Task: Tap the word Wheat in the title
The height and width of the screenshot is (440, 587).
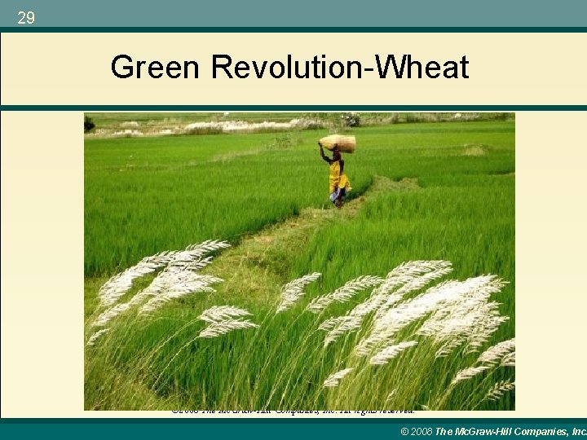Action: pyautogui.click(x=429, y=68)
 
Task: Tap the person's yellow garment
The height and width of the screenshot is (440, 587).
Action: pyautogui.click(x=338, y=175)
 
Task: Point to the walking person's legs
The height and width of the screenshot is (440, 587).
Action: pyautogui.click(x=338, y=198)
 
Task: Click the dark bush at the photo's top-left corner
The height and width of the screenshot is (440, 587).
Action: pyautogui.click(x=89, y=125)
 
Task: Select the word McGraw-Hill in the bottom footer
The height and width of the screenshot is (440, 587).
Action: pyautogui.click(x=495, y=431)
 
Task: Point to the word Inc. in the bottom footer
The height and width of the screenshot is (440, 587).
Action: pyautogui.click(x=580, y=431)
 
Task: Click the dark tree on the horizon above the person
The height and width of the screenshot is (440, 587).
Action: pyautogui.click(x=351, y=121)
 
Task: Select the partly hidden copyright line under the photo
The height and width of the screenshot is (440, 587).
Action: pyautogui.click(x=293, y=412)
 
